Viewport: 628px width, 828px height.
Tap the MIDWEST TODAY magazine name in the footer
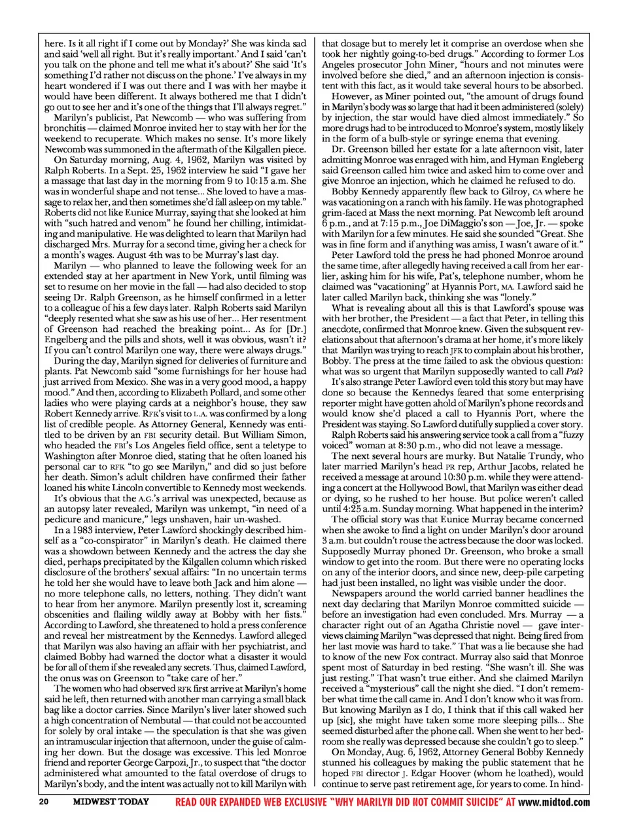pos(111,802)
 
